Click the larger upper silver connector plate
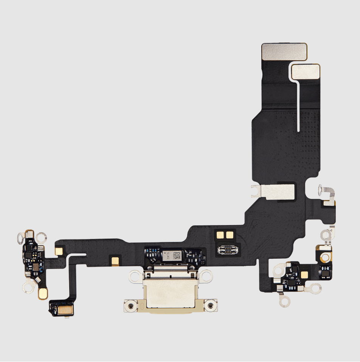[284, 52]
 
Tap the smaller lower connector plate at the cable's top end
[306, 71]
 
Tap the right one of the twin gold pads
[229, 235]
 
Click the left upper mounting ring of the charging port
[135, 277]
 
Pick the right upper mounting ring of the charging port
[206, 277]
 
